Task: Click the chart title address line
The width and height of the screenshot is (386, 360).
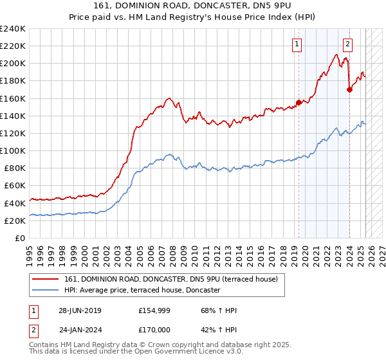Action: pos(194,6)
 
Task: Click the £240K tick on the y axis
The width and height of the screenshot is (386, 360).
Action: pos(13,29)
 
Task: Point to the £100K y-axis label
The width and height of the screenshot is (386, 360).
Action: pos(13,150)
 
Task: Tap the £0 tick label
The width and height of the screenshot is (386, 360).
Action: pos(20,238)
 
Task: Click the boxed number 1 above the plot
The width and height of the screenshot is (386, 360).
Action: pos(297,44)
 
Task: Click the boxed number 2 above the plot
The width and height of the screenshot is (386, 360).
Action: pos(347,44)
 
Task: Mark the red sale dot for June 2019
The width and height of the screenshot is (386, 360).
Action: pos(299,102)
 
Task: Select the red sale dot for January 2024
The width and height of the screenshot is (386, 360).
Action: pos(349,89)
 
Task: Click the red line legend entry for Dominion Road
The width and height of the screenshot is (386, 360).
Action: pos(170,279)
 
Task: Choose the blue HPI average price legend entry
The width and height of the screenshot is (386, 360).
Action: pos(142,291)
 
